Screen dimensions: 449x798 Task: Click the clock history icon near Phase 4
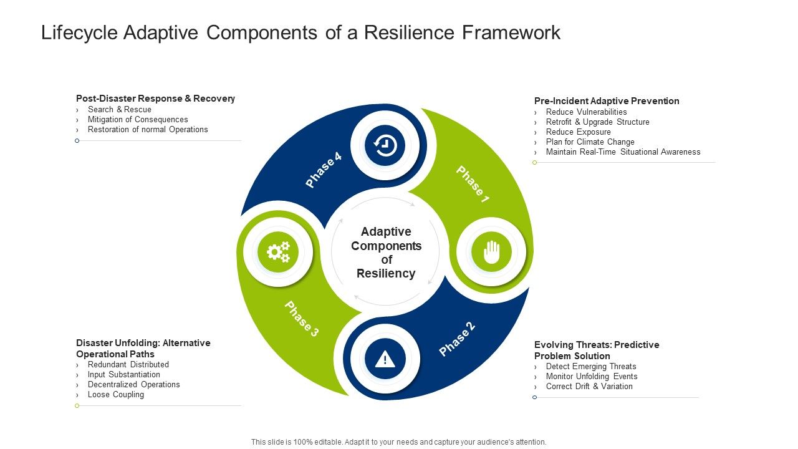385,145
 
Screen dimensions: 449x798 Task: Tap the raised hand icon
492,252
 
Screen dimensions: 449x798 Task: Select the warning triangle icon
385,359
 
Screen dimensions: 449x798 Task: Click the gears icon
278,252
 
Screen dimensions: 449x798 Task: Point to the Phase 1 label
473,184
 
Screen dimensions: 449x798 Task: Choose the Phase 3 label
302,319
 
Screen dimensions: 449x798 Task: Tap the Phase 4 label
324,170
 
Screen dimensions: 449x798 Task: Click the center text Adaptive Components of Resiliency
386,253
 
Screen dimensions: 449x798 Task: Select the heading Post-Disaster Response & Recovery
155,99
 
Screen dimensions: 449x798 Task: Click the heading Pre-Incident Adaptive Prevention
607,101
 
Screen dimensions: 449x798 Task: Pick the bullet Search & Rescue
120,110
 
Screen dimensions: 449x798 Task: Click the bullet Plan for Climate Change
590,142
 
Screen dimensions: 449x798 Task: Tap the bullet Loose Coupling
116,395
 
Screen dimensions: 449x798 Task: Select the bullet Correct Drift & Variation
589,387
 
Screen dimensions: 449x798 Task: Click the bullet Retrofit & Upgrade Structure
597,122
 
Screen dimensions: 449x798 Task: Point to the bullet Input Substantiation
124,375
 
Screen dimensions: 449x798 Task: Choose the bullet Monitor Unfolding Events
592,377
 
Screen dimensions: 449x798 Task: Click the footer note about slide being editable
399,442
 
